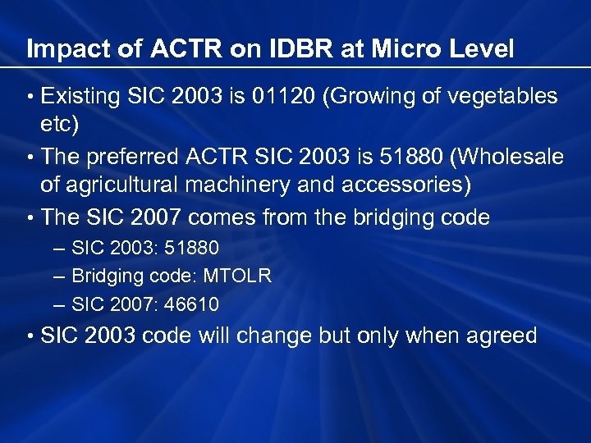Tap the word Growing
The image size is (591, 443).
(x=369, y=97)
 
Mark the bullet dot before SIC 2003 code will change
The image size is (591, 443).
(x=30, y=336)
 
